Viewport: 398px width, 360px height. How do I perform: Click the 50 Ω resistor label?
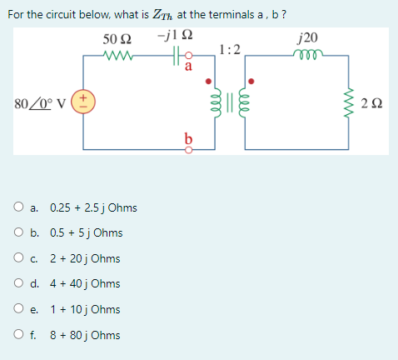click(x=116, y=39)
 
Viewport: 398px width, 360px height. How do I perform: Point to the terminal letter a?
click(x=189, y=69)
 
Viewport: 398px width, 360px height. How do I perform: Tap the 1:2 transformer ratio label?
click(x=230, y=48)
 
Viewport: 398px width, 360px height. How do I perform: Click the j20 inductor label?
click(x=306, y=38)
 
